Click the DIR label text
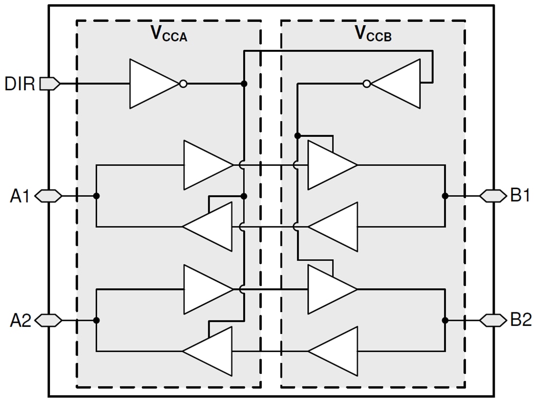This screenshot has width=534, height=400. (x=20, y=84)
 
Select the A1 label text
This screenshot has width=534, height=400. (x=20, y=196)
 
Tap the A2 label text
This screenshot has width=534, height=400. (x=20, y=320)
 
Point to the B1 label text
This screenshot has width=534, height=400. (x=520, y=196)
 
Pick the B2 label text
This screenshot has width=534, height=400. (x=520, y=320)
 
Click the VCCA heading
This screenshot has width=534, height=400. (x=168, y=33)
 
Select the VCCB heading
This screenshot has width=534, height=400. (x=373, y=33)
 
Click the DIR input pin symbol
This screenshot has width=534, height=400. (x=49, y=84)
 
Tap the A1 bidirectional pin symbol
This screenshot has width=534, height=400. (x=49, y=196)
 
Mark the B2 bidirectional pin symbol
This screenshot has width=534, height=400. (x=493, y=320)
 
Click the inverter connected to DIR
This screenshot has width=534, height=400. (x=153, y=84)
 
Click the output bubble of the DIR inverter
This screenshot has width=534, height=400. (x=183, y=84)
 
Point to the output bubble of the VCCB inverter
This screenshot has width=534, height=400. (x=367, y=84)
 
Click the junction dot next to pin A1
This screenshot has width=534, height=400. (x=97, y=196)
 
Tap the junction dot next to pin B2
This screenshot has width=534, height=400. (x=445, y=320)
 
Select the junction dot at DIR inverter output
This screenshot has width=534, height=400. (x=244, y=84)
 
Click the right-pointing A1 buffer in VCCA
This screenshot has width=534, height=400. (x=206, y=165)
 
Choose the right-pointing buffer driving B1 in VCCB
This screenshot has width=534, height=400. (x=330, y=165)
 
